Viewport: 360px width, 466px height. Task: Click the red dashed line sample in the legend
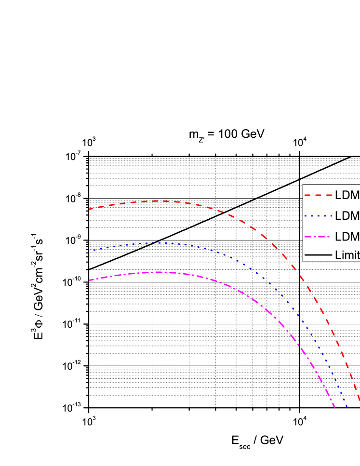coord(318,196)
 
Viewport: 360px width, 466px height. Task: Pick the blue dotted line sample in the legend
coord(318,216)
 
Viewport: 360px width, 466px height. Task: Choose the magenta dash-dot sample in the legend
coord(318,237)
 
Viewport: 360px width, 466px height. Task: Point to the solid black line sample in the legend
coord(318,255)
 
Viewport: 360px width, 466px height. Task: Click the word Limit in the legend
coord(347,255)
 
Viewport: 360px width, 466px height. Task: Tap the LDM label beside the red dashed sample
coord(347,196)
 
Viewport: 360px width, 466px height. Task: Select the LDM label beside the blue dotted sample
coord(347,216)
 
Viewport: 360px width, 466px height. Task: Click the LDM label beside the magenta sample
coord(347,237)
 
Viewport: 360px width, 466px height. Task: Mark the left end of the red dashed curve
coord(89,209)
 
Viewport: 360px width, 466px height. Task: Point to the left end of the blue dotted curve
coord(89,251)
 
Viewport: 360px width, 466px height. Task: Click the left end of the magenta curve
coord(89,280)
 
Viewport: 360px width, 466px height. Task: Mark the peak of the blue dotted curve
coord(161,243)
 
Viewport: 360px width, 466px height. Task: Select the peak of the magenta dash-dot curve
coord(161,272)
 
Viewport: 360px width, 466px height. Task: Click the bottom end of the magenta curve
coord(335,408)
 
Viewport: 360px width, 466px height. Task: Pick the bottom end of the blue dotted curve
coord(347,407)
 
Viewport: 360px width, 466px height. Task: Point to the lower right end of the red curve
coord(359,400)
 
